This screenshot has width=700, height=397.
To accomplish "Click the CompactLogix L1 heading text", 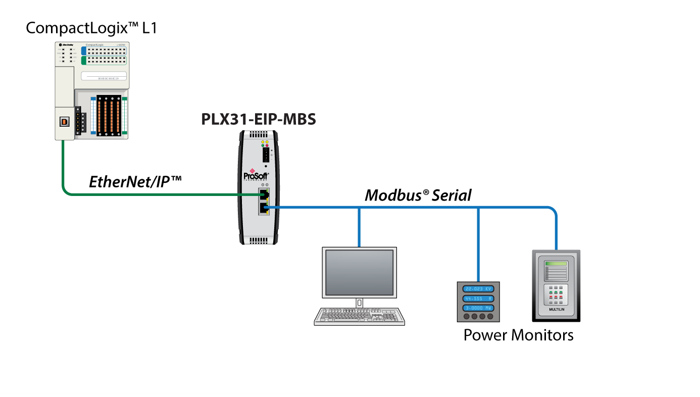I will tap(91, 28).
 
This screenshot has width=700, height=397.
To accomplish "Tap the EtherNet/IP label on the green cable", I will tap(135, 182).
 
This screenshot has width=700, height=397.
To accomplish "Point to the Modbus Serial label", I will tap(418, 195).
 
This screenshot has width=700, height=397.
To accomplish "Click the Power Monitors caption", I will tap(518, 335).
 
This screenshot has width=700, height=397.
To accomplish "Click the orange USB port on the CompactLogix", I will tap(64, 121).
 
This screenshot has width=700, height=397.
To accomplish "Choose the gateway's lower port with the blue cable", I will tap(263, 207).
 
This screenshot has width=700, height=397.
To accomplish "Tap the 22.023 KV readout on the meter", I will tap(478, 288).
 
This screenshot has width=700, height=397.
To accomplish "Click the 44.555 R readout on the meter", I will tap(478, 298).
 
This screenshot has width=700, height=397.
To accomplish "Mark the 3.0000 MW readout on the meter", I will tap(478, 308).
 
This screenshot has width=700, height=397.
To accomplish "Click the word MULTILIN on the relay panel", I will tap(556, 308).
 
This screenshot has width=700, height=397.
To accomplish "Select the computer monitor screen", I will tap(359, 272).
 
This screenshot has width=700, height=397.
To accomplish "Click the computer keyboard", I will tap(359, 316).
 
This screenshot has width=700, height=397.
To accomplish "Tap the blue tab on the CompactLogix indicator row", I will tap(84, 51).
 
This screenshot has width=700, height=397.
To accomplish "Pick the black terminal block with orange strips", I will tap(109, 115).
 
